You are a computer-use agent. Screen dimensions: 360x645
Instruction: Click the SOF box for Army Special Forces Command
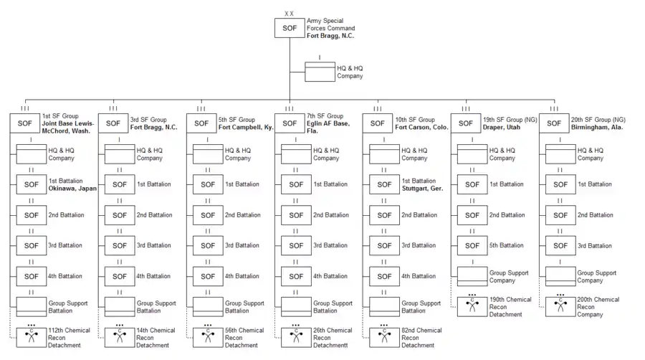[x=290, y=28]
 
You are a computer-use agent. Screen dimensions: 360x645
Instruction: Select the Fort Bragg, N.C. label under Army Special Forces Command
[x=330, y=36]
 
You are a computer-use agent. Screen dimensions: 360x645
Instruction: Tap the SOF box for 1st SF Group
[x=25, y=123]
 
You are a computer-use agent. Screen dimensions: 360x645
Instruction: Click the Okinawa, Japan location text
[x=72, y=189]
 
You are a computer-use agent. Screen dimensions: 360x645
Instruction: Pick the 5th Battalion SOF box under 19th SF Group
[x=473, y=246]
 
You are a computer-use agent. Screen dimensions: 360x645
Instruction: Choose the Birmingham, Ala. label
[x=598, y=128]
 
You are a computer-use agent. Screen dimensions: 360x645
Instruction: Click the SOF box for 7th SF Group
[x=290, y=123]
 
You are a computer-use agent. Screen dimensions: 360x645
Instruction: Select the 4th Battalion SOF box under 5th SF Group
[x=208, y=276]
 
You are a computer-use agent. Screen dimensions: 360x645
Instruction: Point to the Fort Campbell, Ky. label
[x=246, y=128]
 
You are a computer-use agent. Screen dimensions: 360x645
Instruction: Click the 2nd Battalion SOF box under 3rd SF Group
[x=120, y=215]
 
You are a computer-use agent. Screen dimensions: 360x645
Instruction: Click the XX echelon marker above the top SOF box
[x=290, y=14]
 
